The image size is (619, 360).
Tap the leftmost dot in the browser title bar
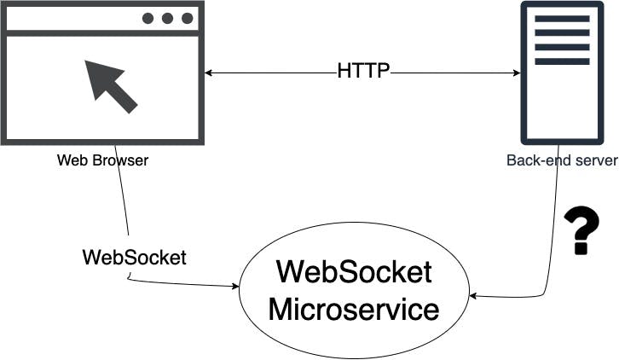[x=149, y=19]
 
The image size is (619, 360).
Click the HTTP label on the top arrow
[x=363, y=72]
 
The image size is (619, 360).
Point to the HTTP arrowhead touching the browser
[x=209, y=73]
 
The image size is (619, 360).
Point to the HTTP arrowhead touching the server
[x=516, y=73]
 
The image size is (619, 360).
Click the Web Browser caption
[x=102, y=160]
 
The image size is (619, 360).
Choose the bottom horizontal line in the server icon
[x=561, y=61]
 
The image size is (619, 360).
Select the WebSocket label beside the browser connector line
[x=134, y=257]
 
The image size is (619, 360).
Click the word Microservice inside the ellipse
[x=354, y=308]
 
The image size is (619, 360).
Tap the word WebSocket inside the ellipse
[x=354, y=273]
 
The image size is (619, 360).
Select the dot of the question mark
[x=581, y=249]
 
